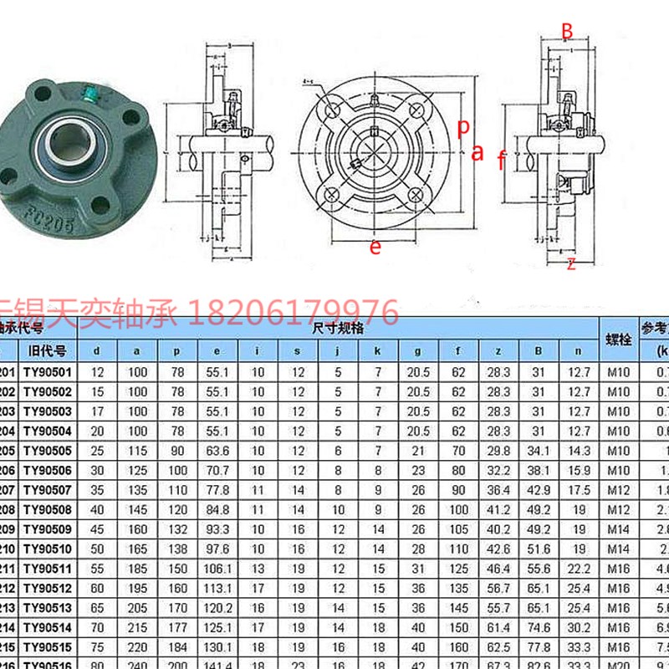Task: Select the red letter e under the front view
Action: tap(375, 247)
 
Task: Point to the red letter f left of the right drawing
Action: tap(501, 160)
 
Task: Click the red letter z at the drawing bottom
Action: tap(571, 265)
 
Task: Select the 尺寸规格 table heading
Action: tap(338, 329)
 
